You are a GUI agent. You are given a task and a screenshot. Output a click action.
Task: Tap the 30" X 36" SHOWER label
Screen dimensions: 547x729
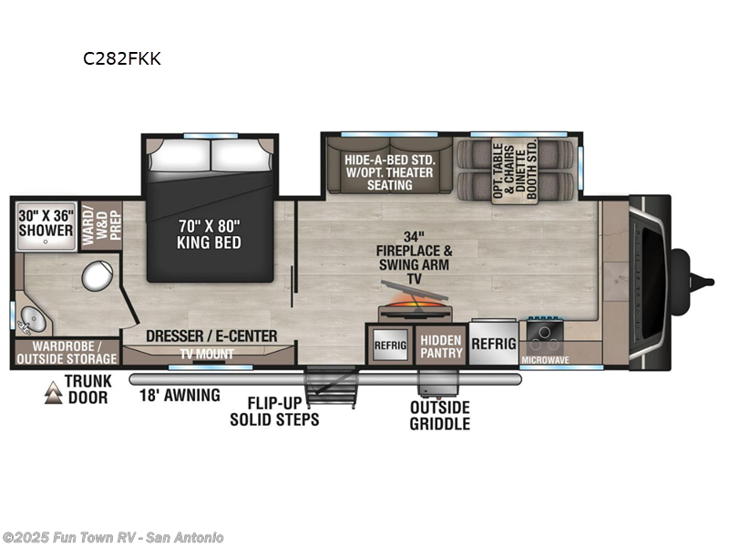click(x=46, y=223)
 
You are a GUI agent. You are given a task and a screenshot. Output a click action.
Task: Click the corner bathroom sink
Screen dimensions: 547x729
click(x=33, y=319)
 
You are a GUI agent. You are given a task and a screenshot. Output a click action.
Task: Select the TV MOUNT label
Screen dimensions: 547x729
click(x=207, y=354)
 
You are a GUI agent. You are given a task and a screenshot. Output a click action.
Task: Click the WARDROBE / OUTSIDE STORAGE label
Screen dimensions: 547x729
click(x=67, y=353)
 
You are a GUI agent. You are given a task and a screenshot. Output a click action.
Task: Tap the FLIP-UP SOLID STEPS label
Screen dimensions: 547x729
click(x=274, y=411)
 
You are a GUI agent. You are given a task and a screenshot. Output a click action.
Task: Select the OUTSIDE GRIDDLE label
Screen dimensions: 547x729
click(x=439, y=415)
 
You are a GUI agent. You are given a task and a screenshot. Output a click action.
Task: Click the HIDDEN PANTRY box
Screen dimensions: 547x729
click(x=441, y=346)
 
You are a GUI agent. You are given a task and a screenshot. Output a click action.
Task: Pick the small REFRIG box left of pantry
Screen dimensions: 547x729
click(x=390, y=346)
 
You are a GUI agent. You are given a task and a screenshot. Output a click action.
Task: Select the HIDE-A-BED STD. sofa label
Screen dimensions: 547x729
click(x=390, y=171)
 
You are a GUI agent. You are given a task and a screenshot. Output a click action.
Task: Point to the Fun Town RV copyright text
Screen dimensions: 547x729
click(x=113, y=537)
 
